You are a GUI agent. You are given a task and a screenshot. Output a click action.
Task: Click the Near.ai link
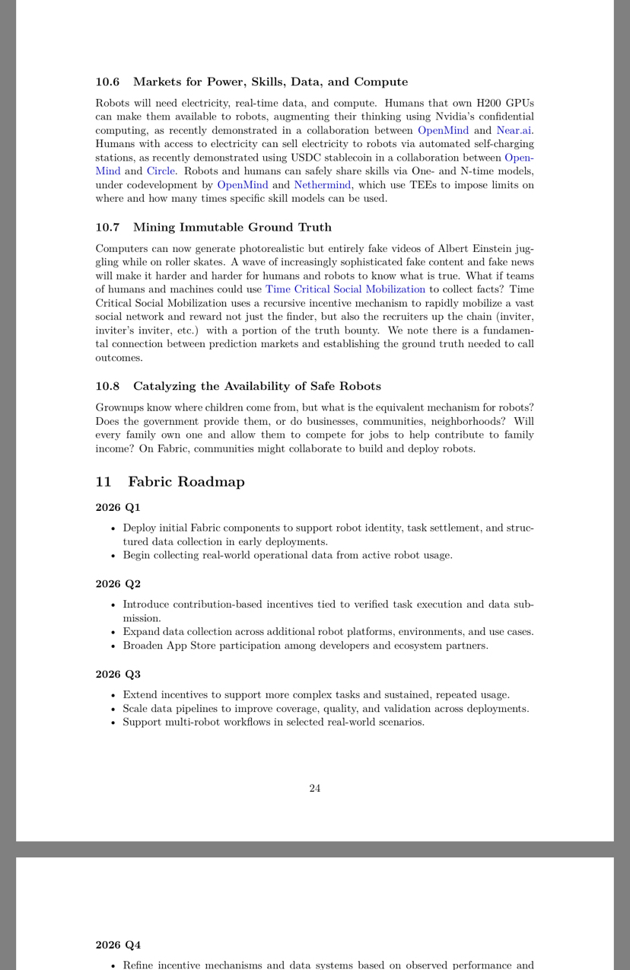514,130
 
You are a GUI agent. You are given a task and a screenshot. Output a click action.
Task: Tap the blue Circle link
161,171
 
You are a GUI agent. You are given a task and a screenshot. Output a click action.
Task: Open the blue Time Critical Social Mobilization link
345,289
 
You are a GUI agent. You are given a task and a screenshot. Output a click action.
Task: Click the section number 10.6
107,82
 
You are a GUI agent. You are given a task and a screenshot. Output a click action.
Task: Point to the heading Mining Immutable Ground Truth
232,228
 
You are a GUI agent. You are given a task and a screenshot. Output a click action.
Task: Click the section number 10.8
107,387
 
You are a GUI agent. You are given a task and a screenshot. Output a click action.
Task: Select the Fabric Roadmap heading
186,482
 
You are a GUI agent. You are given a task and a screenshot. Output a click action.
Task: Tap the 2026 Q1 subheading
118,508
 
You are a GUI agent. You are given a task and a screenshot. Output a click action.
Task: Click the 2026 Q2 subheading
118,585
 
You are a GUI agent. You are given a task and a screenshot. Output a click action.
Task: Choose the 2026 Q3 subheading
118,675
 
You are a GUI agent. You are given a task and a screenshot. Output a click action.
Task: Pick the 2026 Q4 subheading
118,946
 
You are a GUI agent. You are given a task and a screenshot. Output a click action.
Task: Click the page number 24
315,789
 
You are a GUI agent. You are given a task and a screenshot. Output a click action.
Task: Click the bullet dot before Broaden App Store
113,646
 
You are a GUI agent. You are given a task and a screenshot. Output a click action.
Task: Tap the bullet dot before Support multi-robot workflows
113,723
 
